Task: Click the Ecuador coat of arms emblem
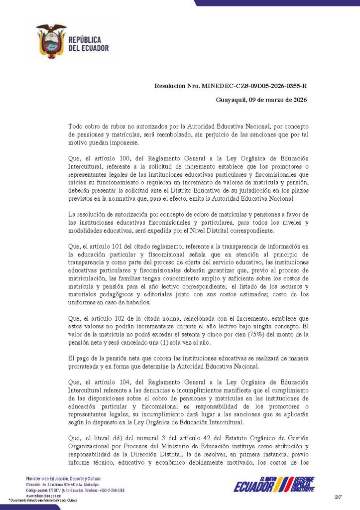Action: point(51,41)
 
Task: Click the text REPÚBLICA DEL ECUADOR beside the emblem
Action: point(88,44)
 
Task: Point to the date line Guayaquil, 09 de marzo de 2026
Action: point(261,100)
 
